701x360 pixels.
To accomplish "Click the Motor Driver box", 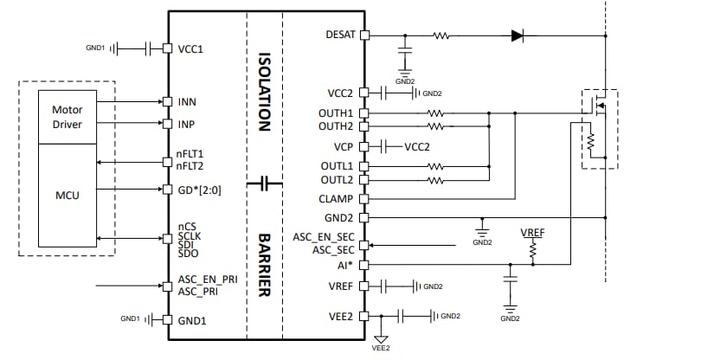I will pos(67,116).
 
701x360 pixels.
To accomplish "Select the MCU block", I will pos(67,196).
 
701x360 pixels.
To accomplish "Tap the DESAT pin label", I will pos(338,35).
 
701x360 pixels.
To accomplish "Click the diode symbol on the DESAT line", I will pos(517,35).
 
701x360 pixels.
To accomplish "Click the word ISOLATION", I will pos(265,90).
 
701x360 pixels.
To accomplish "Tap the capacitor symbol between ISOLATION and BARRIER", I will pos(265,183).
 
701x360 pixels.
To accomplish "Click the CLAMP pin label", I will pos(336,199).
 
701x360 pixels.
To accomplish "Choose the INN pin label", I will pos(187,102).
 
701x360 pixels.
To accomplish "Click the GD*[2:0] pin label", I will pos(200,189).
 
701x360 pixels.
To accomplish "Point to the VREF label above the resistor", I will pos(533,234).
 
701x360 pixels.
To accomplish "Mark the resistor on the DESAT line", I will pos(441,35).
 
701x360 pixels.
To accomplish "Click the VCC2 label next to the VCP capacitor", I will pos(416,146).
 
